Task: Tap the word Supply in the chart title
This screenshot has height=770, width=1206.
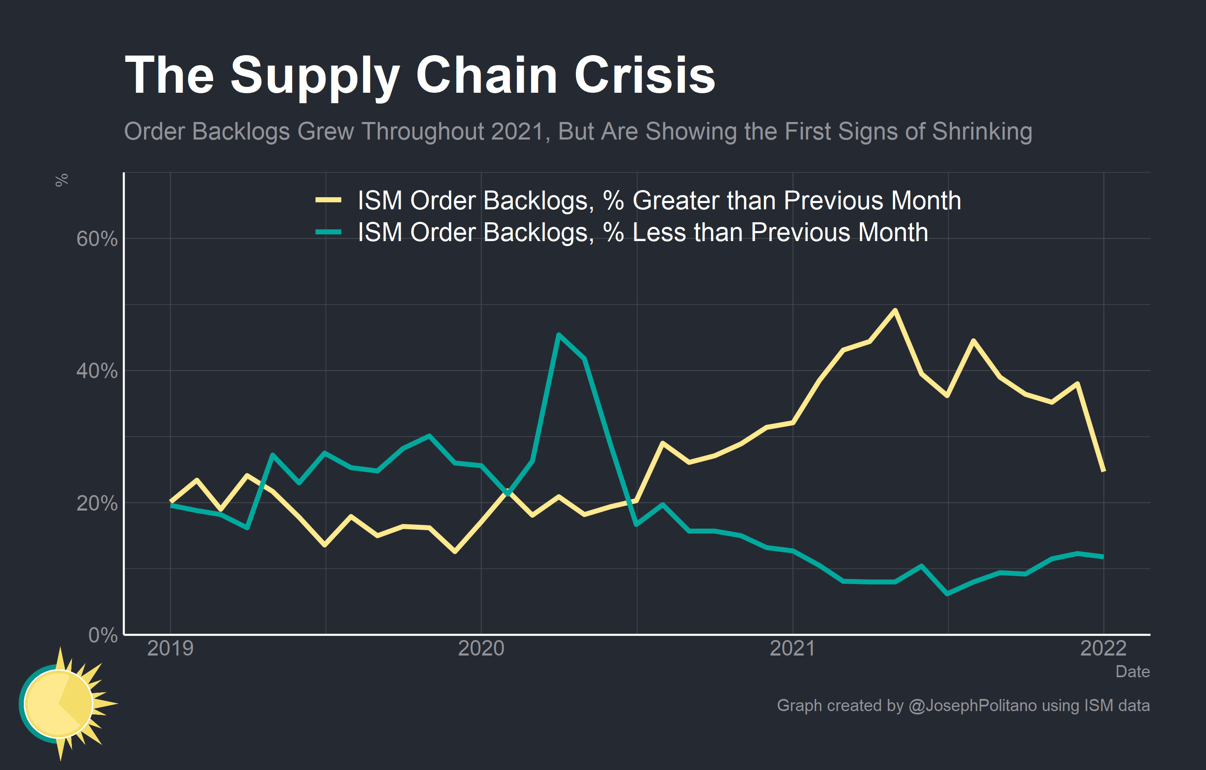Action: pyautogui.click(x=315, y=76)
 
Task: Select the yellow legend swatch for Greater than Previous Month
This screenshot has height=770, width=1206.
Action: pyautogui.click(x=328, y=200)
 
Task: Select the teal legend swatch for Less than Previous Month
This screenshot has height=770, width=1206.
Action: pyautogui.click(x=328, y=232)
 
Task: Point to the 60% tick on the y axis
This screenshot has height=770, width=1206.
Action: pyautogui.click(x=97, y=239)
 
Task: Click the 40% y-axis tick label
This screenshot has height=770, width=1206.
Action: pyautogui.click(x=97, y=371)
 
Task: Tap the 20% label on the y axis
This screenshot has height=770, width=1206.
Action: pyautogui.click(x=97, y=503)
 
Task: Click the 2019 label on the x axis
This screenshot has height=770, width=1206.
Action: pyautogui.click(x=170, y=648)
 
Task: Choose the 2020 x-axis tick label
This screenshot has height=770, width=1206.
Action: pyautogui.click(x=481, y=648)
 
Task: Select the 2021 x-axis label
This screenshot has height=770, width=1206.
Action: pyautogui.click(x=792, y=648)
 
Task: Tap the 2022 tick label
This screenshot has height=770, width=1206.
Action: pyautogui.click(x=1103, y=648)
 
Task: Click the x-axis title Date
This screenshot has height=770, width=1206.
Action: pyautogui.click(x=1132, y=671)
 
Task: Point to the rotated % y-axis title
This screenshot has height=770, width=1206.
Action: pyautogui.click(x=61, y=180)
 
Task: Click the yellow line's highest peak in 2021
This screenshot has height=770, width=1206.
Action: pyautogui.click(x=895, y=310)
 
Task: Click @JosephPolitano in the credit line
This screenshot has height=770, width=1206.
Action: pyautogui.click(x=972, y=705)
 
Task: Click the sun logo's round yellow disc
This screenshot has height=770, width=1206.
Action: pyautogui.click(x=58, y=704)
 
